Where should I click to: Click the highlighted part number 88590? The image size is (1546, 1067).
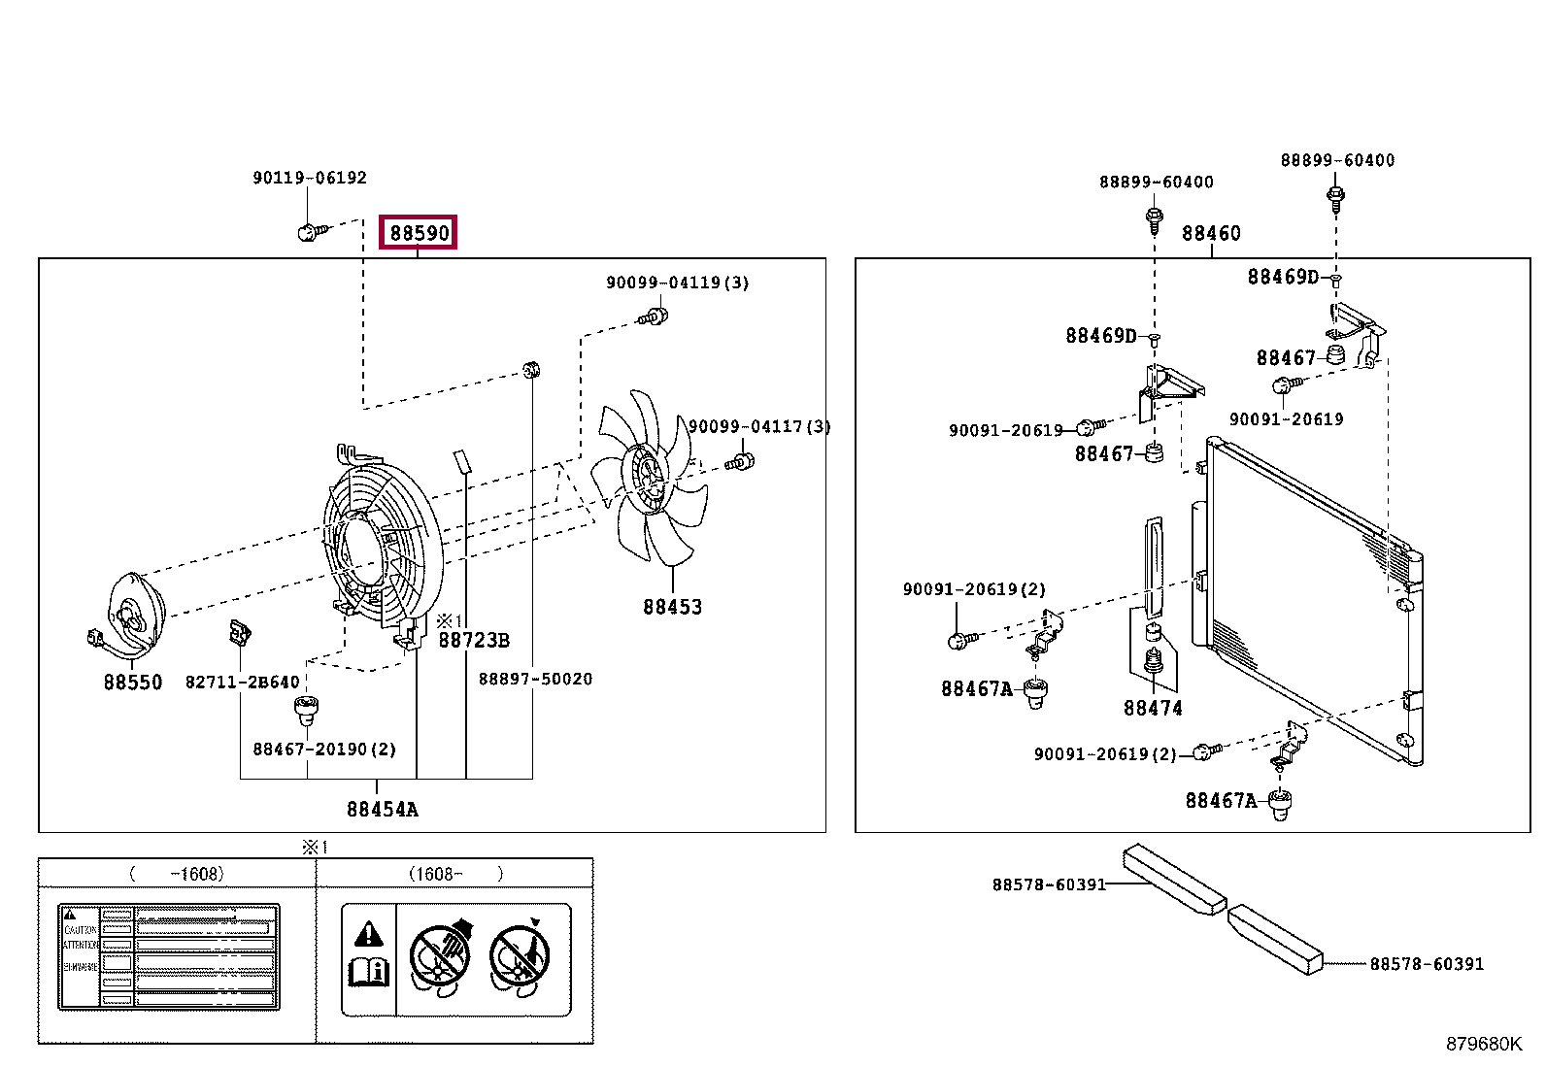coord(419,233)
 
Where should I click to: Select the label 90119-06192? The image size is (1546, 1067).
coord(310,178)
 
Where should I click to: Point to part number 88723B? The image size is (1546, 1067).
coord(474,640)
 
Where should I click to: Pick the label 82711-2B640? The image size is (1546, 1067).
coord(243,682)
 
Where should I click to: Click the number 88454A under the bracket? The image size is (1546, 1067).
coord(382,809)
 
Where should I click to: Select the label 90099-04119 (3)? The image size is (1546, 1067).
coord(677,283)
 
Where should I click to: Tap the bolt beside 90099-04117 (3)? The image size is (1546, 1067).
coord(740,460)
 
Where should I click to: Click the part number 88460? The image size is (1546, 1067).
coord(1211,233)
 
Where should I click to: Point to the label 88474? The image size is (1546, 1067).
coord(1153,708)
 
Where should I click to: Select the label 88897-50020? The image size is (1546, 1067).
coord(535,679)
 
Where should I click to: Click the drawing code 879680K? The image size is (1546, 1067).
coord(1483,1044)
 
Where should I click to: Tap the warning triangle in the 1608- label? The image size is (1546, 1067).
coord(368,934)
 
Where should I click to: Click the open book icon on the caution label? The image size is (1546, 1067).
coord(368,971)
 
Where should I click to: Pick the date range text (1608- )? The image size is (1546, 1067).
coord(455,874)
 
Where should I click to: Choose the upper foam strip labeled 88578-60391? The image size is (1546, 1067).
coord(1173,878)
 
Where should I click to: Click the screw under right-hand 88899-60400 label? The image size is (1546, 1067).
coord(1335,197)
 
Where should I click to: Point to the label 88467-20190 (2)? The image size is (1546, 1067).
coord(324,749)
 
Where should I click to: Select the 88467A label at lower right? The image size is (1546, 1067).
coord(1221,800)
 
